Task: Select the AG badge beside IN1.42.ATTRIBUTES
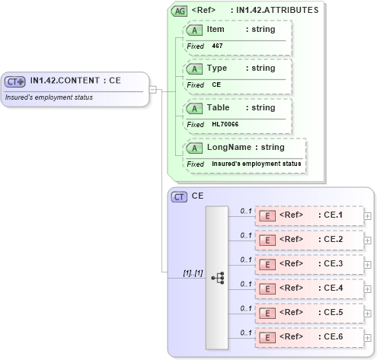point(179,11)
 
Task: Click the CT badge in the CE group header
point(180,196)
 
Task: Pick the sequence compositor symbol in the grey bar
point(217,278)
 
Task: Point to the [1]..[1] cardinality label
point(193,272)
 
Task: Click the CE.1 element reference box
point(309,215)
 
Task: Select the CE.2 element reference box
point(309,240)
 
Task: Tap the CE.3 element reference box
point(309,264)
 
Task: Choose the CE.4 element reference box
point(309,288)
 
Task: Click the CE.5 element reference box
point(309,313)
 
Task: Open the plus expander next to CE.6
point(369,337)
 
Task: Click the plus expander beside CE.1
point(369,215)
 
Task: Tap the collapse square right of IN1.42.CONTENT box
point(152,89)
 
